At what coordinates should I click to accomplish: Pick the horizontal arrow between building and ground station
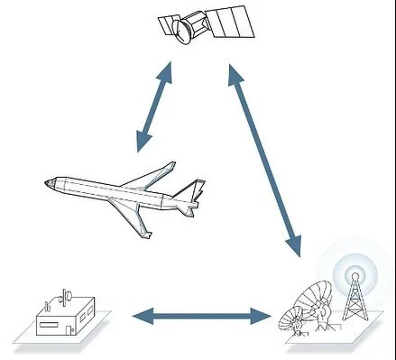click(202, 315)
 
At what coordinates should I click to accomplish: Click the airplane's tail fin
click(190, 190)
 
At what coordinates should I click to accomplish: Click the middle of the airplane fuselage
click(117, 191)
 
